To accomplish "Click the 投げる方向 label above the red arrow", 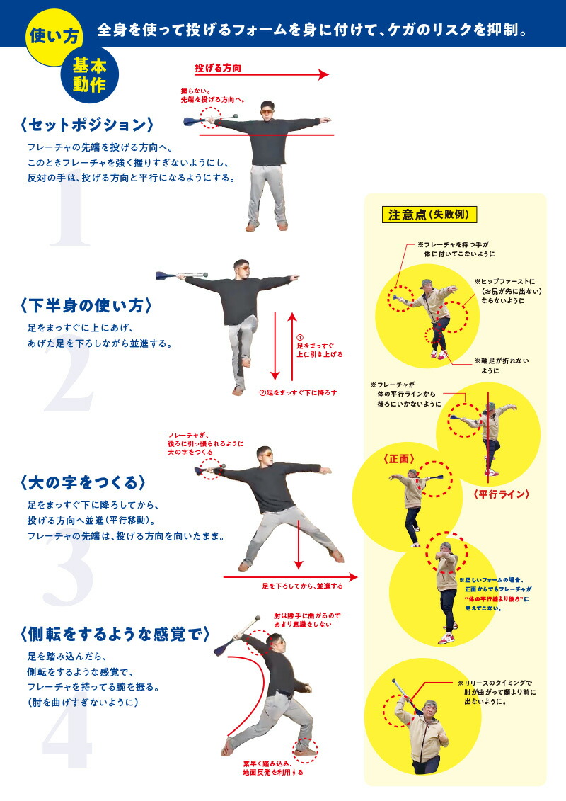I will (x=218, y=69).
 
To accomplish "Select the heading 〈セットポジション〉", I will (x=88, y=125).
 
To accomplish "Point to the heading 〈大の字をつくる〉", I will (x=83, y=482).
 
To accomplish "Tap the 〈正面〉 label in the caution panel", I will (x=398, y=458).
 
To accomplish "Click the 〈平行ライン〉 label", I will (x=502, y=494).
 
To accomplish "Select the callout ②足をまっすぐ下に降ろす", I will (x=296, y=392).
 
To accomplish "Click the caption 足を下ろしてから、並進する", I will (x=302, y=586).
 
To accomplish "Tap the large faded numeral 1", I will (x=71, y=212).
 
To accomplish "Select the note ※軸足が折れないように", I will (x=502, y=365).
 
